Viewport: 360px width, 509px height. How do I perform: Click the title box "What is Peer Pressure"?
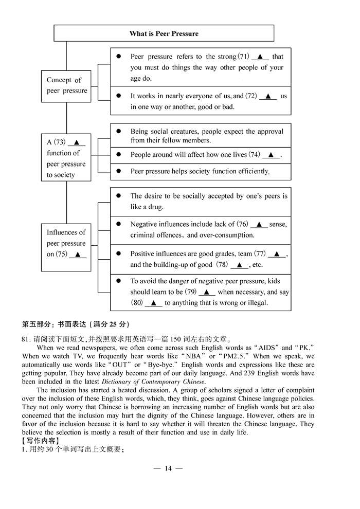click(164, 33)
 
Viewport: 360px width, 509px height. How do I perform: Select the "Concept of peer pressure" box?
click(66, 86)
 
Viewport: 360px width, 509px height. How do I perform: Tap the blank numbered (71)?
click(260, 57)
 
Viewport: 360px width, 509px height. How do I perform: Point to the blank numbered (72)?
click(268, 96)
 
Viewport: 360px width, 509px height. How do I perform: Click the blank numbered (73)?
click(76, 142)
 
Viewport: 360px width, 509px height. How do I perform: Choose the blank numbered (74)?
click(271, 155)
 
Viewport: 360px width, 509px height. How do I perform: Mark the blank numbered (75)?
click(78, 254)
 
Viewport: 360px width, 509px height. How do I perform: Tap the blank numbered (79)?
click(207, 292)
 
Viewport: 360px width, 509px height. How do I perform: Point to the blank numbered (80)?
click(153, 303)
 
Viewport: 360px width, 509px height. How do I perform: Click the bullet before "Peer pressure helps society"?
click(119, 171)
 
